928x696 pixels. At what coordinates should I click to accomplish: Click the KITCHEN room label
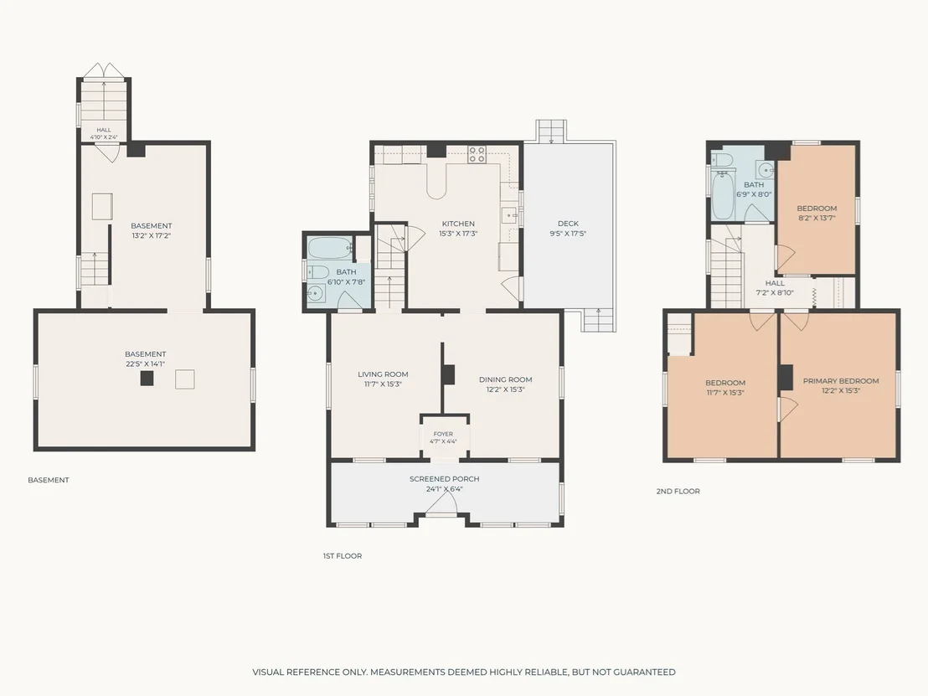(458, 224)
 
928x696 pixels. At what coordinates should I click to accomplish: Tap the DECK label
(568, 223)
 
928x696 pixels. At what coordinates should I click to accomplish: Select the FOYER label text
(443, 434)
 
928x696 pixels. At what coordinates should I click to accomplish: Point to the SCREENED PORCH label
(445, 479)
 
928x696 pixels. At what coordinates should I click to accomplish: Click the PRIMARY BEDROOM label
(841, 381)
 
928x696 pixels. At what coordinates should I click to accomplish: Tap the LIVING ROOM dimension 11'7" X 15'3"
(383, 384)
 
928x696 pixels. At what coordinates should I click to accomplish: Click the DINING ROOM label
(505, 379)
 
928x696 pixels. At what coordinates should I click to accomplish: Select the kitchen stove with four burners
(477, 154)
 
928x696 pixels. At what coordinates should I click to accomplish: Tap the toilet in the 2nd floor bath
(721, 158)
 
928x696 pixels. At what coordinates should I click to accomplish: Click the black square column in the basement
(147, 379)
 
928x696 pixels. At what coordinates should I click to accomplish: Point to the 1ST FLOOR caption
(343, 556)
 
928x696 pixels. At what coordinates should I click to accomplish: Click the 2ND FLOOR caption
(678, 492)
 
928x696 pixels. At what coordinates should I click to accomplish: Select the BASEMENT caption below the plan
(49, 480)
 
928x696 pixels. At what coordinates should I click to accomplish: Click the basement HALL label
(104, 130)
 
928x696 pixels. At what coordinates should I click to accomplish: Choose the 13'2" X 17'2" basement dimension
(152, 235)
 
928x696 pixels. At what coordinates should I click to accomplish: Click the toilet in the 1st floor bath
(317, 272)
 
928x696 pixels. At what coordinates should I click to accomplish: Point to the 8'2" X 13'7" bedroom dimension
(817, 218)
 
